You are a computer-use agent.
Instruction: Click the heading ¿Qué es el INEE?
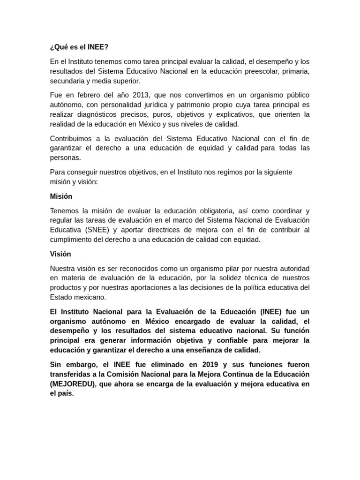click(79, 47)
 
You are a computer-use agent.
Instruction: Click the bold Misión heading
click(61, 196)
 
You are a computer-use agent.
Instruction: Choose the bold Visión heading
click(60, 254)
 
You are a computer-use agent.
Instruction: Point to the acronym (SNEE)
click(97, 230)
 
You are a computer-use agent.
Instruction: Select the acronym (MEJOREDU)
click(73, 384)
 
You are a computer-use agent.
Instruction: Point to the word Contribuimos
click(73, 138)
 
